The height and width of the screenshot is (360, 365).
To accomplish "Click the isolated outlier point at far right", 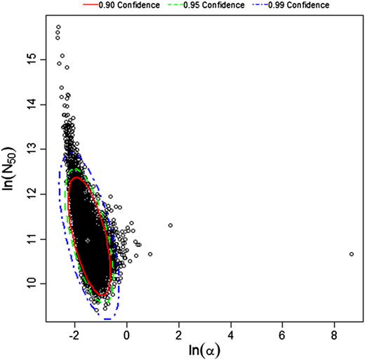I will tap(351, 254).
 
